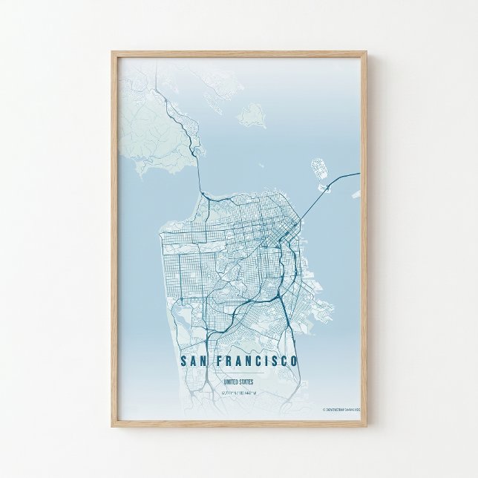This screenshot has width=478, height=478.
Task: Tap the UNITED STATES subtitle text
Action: tap(239, 382)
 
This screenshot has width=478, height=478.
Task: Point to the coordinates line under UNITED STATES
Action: tap(239, 393)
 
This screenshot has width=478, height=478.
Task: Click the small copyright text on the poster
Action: tap(341, 409)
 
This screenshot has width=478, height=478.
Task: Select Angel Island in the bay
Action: tap(252, 114)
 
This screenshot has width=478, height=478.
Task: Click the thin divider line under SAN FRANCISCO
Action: tap(239, 374)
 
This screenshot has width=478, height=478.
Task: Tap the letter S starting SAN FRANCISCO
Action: tap(183, 361)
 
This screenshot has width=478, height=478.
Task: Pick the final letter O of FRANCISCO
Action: tap(295, 361)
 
